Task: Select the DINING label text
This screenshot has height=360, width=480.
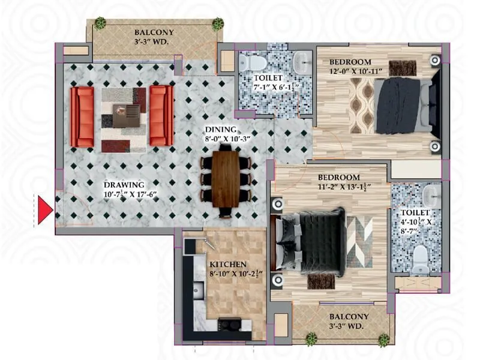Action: pyautogui.click(x=220, y=129)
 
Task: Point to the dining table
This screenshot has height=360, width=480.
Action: pyautogui.click(x=225, y=179)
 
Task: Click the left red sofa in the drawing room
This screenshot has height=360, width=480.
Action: pyautogui.click(x=82, y=116)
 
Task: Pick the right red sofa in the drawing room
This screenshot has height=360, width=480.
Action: pyautogui.click(x=161, y=116)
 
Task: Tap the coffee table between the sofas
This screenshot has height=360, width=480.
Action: pyautogui.click(x=127, y=112)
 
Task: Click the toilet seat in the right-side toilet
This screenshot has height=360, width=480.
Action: pyautogui.click(x=422, y=257)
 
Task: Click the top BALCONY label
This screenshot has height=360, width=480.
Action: pyautogui.click(x=154, y=32)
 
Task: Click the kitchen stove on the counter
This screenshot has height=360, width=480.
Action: pyautogui.click(x=229, y=325)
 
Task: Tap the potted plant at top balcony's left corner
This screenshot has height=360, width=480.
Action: pyautogui.click(x=100, y=24)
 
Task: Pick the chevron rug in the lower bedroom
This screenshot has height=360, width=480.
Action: pyautogui.click(x=360, y=242)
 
